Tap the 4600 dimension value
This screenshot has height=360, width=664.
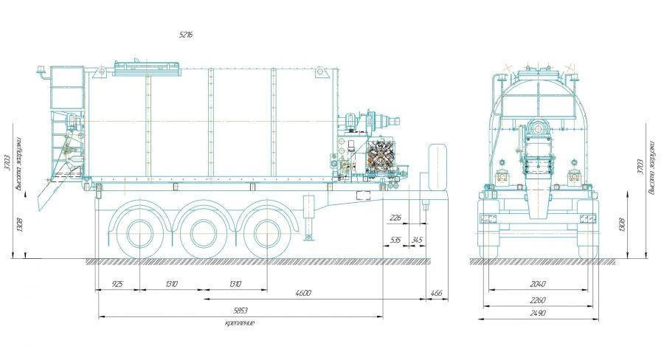[302, 294]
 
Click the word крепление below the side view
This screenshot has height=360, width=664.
[240, 323]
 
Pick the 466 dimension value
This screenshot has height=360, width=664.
[436, 294]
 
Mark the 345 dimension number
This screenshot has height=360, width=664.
[417, 240]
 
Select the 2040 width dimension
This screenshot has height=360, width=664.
[538, 283]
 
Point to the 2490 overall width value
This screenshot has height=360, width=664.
[538, 314]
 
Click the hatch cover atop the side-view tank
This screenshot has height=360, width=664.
[148, 67]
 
